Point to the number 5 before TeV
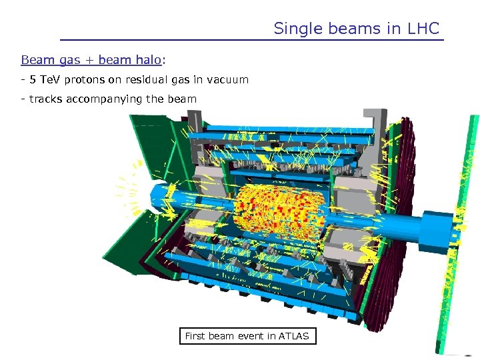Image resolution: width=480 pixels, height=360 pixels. [32, 80]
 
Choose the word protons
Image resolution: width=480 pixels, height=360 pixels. [85, 80]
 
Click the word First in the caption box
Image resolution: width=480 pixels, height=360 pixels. [195, 337]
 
